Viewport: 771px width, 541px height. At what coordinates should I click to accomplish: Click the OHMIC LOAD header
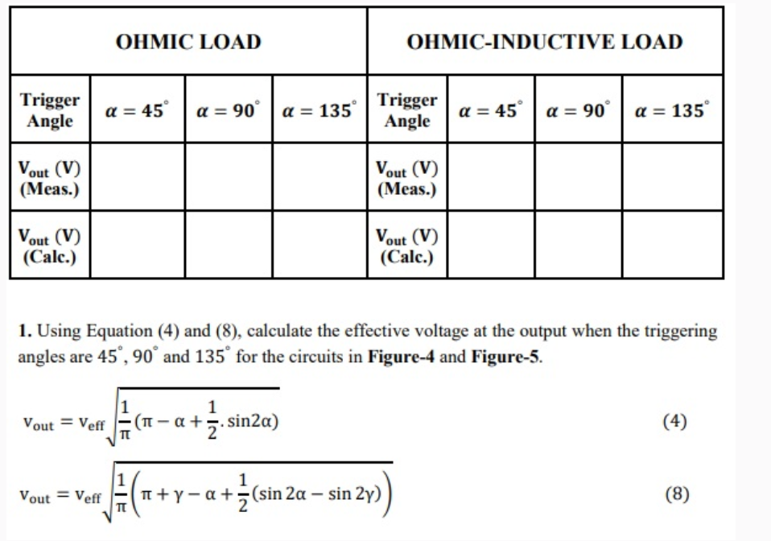coord(188,42)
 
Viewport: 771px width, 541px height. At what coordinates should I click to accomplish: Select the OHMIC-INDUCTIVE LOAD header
coord(545,42)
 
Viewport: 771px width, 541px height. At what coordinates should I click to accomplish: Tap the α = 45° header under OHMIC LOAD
coord(137,111)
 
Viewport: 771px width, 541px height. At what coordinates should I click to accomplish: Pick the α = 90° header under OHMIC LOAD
coord(229,111)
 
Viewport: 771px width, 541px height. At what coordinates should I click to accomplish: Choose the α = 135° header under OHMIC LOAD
coord(319,111)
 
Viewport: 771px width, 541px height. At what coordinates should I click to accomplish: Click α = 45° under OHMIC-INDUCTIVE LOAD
coord(490,111)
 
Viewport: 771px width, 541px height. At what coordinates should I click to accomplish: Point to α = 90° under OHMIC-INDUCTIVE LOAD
coord(578,111)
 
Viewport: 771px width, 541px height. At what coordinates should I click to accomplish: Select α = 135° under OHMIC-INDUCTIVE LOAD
coord(672,111)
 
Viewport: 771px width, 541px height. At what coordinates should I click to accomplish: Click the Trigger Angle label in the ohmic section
coord(50,110)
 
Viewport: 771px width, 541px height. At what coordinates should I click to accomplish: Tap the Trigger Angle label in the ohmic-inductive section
coord(407,110)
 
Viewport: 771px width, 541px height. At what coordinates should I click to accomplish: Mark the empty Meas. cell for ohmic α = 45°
coord(137,178)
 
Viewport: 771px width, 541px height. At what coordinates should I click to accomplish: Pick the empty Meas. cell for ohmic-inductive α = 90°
coord(578,178)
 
